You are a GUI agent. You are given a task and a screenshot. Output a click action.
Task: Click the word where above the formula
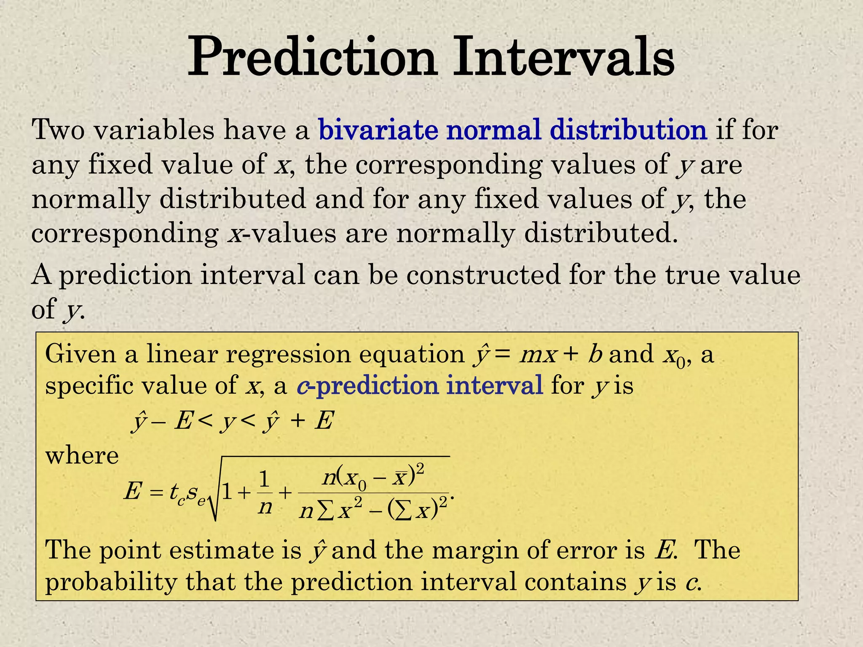[x=82, y=456]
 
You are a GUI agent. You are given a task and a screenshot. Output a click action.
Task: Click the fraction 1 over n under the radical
[x=265, y=493]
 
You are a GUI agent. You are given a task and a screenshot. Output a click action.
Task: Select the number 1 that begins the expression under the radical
[x=227, y=492]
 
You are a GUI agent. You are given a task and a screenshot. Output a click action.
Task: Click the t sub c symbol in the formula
[x=176, y=493]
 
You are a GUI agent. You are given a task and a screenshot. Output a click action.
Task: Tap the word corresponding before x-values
[x=125, y=234]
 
